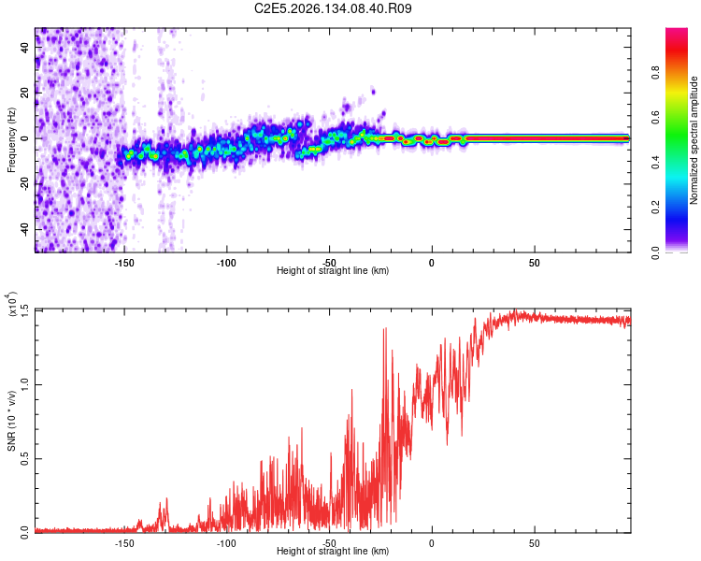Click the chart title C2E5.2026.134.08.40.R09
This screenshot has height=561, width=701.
click(333, 8)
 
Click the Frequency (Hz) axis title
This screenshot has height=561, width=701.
click(11, 139)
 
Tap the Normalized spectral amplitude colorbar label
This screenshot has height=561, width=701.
click(694, 140)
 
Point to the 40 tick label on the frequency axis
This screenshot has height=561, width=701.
click(25, 48)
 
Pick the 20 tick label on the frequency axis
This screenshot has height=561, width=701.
click(25, 93)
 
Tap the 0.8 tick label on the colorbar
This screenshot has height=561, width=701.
click(655, 72)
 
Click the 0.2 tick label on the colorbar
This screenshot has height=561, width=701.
click(655, 208)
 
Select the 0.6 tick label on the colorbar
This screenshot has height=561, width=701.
click(655, 117)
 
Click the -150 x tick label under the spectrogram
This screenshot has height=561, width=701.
click(123, 263)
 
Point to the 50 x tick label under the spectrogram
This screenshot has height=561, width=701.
click(535, 263)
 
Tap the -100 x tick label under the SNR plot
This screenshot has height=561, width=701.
click(226, 543)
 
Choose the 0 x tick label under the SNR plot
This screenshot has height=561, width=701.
click(432, 543)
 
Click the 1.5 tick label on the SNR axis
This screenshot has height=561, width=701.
click(25, 309)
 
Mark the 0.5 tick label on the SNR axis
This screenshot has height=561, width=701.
click(25, 459)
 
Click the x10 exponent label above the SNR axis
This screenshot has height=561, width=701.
click(12, 304)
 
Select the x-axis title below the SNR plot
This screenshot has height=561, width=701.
click(333, 551)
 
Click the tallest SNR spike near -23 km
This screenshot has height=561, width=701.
click(385, 329)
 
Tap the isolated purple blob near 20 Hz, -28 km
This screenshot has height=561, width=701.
click(373, 93)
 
